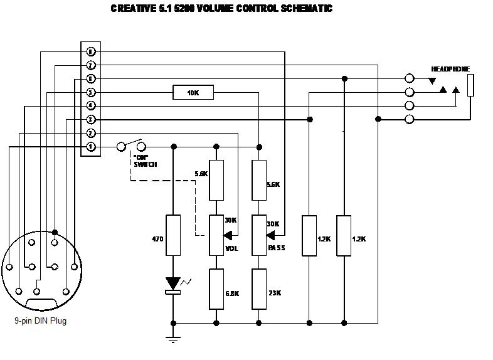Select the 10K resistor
tap(193, 93)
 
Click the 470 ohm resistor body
tap(173, 235)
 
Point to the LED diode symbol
tap(173, 283)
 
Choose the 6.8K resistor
tap(216, 289)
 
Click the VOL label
tap(231, 248)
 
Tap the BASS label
tap(276, 248)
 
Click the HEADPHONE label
tap(450, 69)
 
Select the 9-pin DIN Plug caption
tap(41, 321)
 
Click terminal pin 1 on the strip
tap(91, 147)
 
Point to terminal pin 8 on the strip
tap(91, 51)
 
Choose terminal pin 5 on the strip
tap(91, 93)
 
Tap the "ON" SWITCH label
tap(144, 160)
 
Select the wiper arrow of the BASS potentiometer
tap(272, 236)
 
